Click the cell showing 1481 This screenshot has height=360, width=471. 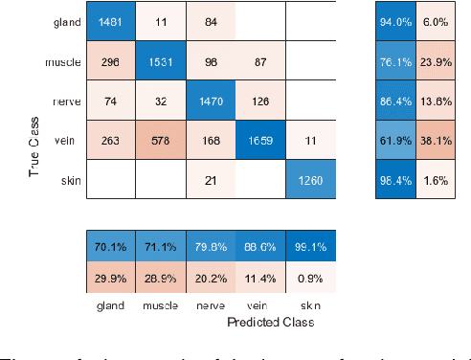(111, 20)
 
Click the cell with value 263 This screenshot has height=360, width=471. (111, 141)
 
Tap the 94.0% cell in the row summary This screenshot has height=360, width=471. (394, 20)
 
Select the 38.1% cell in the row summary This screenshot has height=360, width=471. (435, 141)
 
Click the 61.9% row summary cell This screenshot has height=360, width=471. (394, 141)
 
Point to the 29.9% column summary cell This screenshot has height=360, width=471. (111, 278)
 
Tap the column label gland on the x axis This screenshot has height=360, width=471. (111, 307)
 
